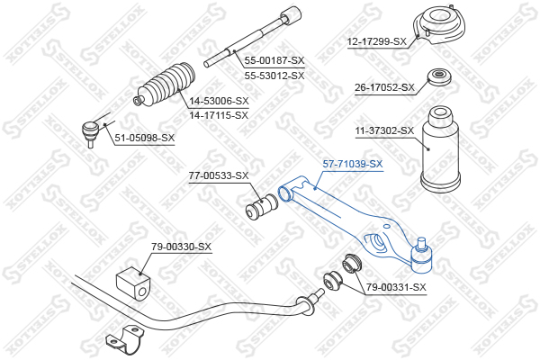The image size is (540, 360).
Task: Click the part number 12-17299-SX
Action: coord(377,41)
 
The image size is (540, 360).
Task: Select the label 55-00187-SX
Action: coord(274,60)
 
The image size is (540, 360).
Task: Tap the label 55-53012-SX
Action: coord(274,75)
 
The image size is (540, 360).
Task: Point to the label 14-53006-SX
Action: coord(219,101)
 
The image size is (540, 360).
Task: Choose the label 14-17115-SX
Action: coord(219,115)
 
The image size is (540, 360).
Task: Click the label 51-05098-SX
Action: coord(145,138)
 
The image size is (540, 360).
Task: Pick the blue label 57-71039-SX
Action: coord(353,164)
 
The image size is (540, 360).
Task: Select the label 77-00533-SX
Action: coord(219,175)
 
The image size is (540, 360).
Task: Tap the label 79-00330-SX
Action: coord(182,247)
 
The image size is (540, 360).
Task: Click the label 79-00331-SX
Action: coord(396,286)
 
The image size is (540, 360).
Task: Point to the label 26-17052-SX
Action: coord(384,87)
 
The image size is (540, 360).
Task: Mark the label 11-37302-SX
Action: coord(384,130)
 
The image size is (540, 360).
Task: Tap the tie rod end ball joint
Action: coord(91,133)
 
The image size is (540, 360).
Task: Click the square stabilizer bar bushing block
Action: coord(133,283)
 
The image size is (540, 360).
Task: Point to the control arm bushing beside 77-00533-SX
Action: coord(262,207)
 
